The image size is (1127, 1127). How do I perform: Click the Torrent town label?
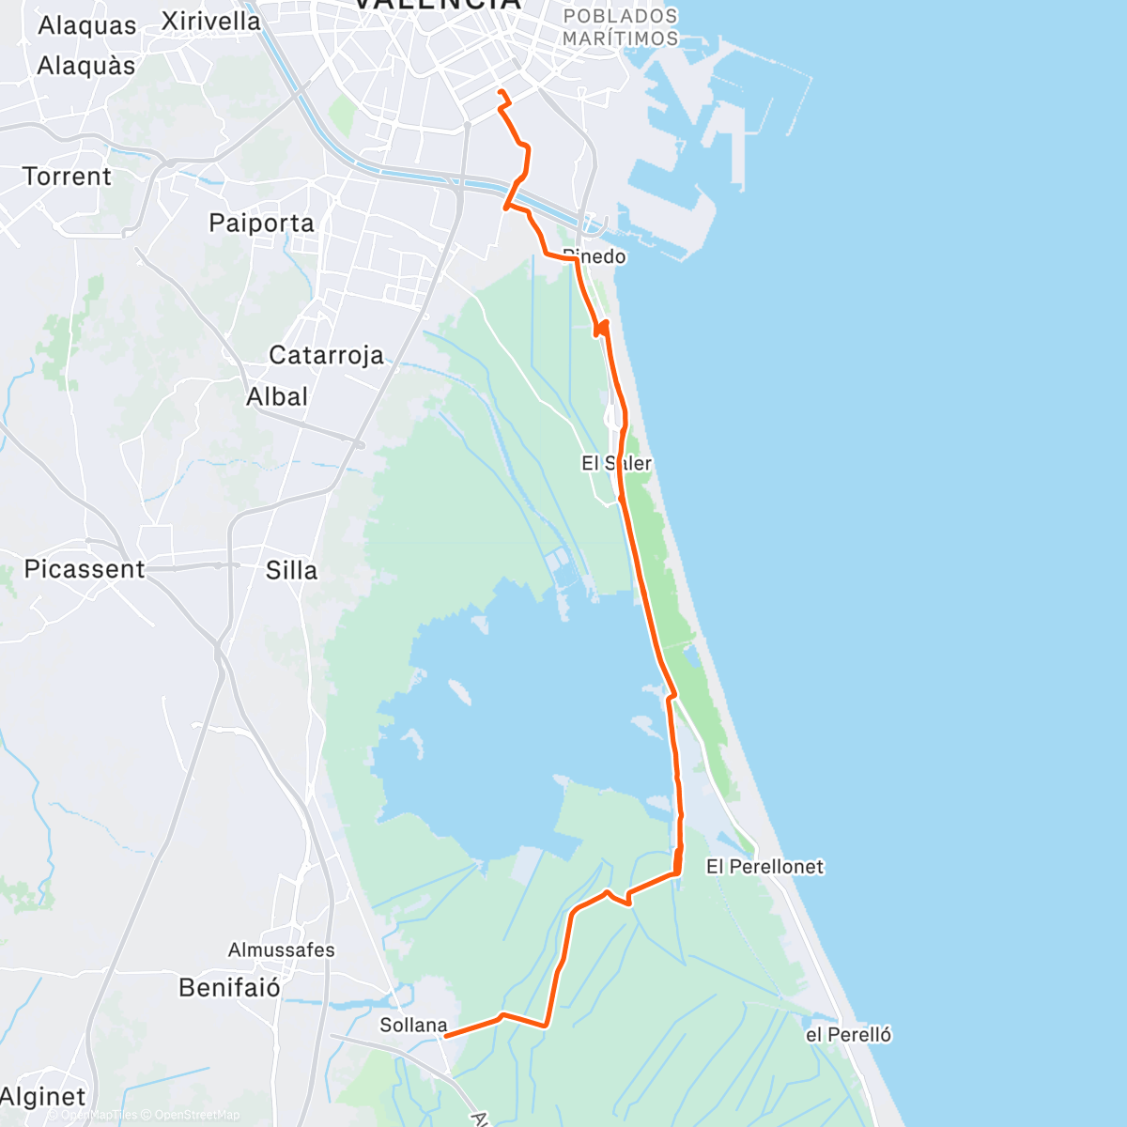(x=67, y=177)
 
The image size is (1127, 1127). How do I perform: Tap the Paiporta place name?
(x=261, y=224)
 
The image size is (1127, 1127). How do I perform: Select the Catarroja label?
(x=326, y=355)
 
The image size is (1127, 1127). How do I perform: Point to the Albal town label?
(x=277, y=397)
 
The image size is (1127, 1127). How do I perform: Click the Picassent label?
(x=85, y=569)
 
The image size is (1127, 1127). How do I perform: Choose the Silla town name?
(x=291, y=570)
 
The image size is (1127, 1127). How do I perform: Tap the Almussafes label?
(x=281, y=950)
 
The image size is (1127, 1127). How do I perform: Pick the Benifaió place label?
(x=229, y=988)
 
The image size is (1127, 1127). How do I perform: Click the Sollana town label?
(x=412, y=1026)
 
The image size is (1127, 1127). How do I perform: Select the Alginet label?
(x=43, y=1097)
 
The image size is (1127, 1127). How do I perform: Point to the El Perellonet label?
(x=764, y=867)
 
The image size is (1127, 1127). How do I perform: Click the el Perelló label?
(x=849, y=1035)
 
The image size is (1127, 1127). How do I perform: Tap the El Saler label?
(x=616, y=463)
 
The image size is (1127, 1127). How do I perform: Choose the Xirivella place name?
(x=210, y=21)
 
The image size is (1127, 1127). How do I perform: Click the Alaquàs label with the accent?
(x=86, y=67)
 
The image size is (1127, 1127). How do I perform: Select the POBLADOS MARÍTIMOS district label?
(x=620, y=27)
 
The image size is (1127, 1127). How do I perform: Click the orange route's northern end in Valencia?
(x=499, y=91)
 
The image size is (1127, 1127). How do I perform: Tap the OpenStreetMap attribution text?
(x=196, y=1116)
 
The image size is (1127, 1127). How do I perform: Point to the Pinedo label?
(x=595, y=256)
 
